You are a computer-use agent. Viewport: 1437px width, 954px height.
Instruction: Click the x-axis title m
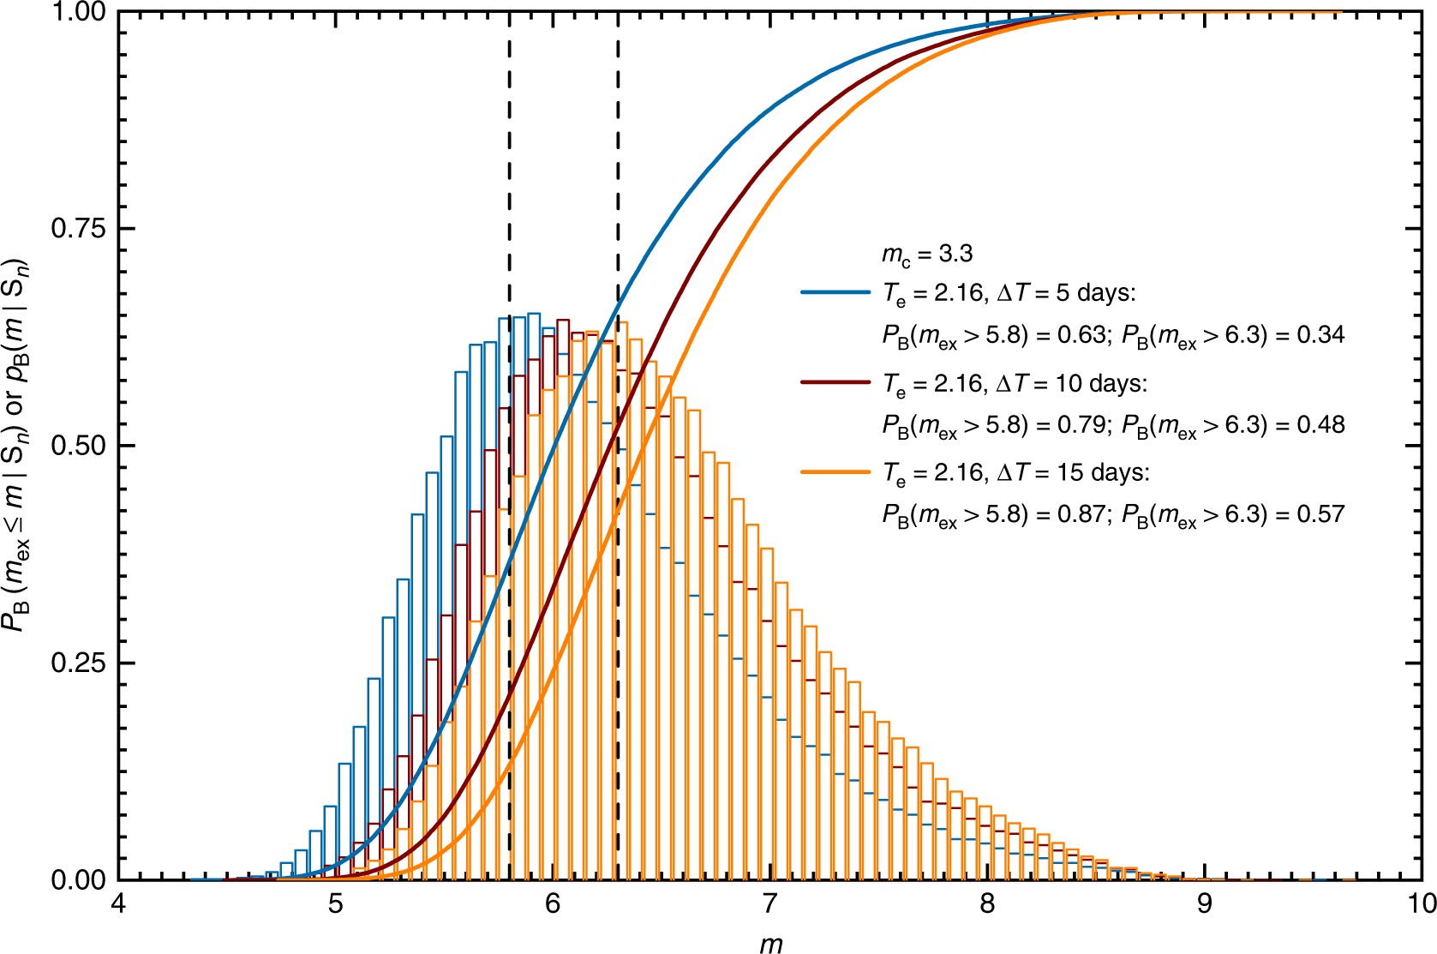click(x=770, y=944)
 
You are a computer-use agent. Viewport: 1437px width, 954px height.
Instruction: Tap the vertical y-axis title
click(x=17, y=446)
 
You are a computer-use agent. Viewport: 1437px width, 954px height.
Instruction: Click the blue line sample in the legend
click(x=835, y=292)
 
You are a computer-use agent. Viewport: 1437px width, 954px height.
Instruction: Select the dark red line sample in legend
click(x=835, y=382)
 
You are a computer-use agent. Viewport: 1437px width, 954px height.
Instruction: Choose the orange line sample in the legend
click(x=835, y=471)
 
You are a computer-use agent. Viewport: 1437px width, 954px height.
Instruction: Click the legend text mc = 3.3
click(x=927, y=255)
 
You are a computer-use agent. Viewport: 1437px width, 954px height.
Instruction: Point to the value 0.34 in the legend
click(x=1320, y=334)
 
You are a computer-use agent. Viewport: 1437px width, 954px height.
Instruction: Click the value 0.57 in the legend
click(x=1320, y=513)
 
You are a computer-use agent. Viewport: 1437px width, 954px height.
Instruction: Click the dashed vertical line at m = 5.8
click(x=510, y=171)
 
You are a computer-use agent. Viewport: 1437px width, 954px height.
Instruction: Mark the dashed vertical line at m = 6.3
click(x=619, y=171)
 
